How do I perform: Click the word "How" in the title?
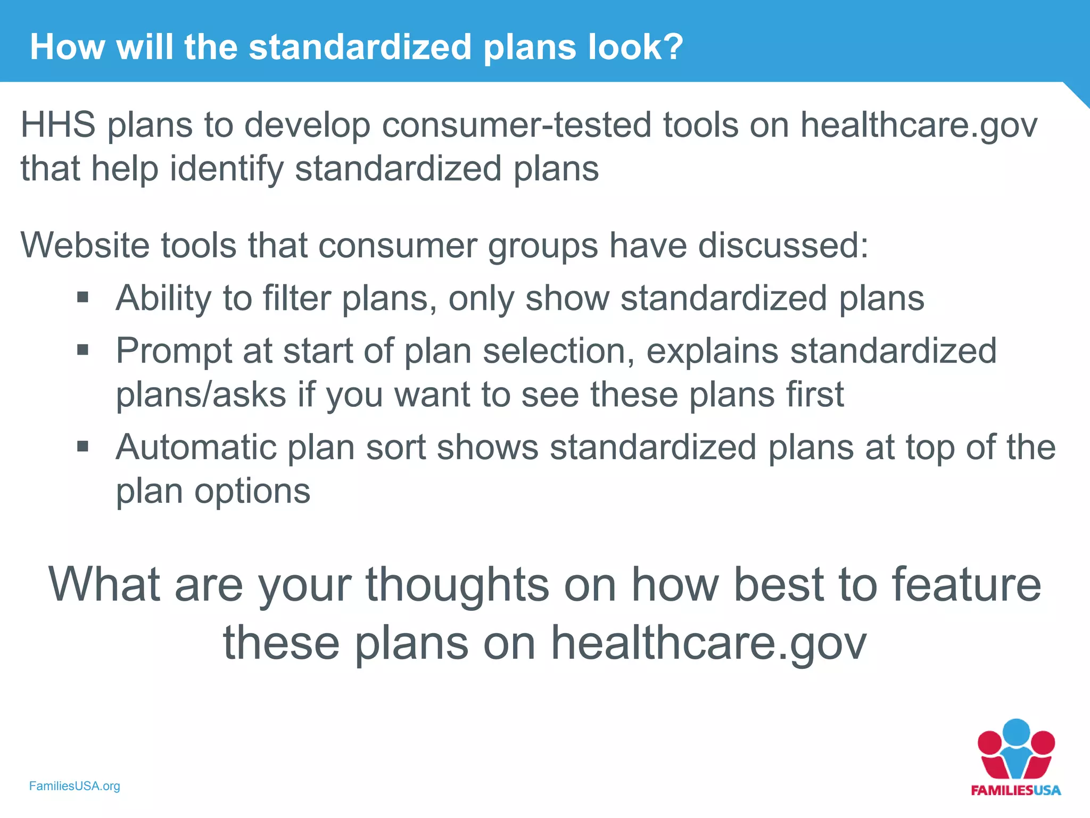[x=67, y=47]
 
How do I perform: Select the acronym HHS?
[x=58, y=125]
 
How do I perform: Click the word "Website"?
[x=85, y=246]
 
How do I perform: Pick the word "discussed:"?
[x=783, y=246]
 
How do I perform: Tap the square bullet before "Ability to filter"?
[x=82, y=297]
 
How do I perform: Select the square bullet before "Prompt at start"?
[x=82, y=350]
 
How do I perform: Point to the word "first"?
[x=814, y=395]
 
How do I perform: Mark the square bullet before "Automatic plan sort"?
[x=82, y=446]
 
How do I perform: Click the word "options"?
[x=252, y=492]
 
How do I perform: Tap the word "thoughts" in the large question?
[x=457, y=585]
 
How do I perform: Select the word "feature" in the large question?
[x=966, y=585]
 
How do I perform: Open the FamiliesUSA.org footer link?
[x=75, y=786]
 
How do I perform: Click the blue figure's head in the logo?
[x=1016, y=733]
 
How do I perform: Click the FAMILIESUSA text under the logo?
[x=1015, y=790]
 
